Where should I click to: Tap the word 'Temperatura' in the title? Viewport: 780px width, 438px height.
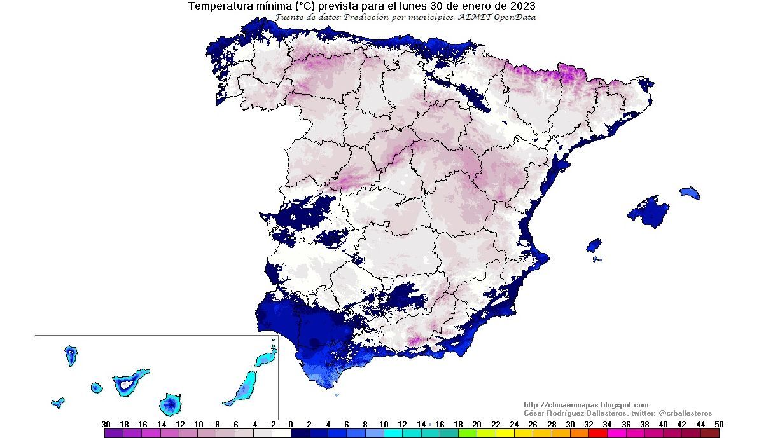click(218, 6)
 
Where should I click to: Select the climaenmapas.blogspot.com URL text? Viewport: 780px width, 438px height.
click(586, 405)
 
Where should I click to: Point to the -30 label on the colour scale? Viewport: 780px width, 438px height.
click(105, 425)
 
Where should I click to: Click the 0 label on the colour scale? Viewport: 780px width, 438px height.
click(291, 425)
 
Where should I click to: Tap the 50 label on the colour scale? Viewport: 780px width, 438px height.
click(719, 425)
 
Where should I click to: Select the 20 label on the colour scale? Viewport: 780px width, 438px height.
click(477, 425)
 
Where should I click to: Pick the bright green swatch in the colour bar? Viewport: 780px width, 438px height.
click(468, 434)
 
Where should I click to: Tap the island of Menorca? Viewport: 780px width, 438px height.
click(690, 192)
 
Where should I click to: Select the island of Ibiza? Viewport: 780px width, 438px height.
click(594, 246)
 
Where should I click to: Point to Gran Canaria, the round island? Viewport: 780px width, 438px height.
click(171, 403)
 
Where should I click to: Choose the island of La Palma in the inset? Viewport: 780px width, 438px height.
click(71, 355)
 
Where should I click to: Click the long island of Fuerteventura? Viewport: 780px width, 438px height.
click(244, 388)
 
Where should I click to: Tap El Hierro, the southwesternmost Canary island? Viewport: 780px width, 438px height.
click(58, 402)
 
